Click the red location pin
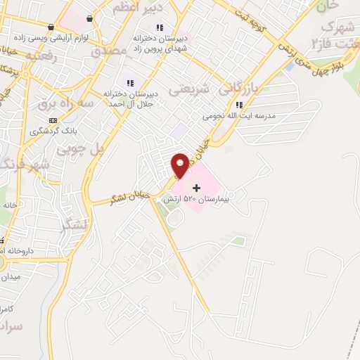click(179, 164)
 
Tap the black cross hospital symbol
click(196, 187)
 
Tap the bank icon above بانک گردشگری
click(53, 120)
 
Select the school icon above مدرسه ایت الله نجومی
click(239, 105)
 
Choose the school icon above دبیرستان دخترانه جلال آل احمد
click(129, 83)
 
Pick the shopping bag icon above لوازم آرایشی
click(89, 20)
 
